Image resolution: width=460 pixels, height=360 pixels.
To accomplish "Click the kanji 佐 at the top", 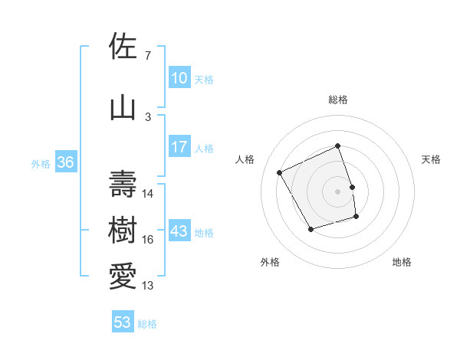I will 123,47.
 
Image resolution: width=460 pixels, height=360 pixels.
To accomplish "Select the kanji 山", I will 123,106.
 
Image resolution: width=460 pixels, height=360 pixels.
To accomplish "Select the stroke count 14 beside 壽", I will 149,194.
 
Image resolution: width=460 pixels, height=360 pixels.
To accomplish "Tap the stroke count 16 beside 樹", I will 149,240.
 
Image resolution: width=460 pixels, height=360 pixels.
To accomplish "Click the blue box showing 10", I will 179,78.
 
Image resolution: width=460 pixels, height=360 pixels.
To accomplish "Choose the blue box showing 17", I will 179,147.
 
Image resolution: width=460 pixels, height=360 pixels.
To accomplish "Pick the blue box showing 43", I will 179,231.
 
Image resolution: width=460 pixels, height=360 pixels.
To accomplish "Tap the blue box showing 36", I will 65,162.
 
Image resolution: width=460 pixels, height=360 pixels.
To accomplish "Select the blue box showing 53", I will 123,322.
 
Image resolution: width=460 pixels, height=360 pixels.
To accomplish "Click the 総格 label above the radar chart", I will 338,100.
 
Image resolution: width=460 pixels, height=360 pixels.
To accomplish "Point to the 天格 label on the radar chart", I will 431,159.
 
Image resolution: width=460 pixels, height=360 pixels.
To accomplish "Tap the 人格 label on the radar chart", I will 245,159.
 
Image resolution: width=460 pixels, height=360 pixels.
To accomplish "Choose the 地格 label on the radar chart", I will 402,262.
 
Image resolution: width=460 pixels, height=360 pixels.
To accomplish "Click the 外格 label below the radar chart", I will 270,262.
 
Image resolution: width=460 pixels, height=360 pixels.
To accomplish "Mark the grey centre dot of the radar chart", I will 338,191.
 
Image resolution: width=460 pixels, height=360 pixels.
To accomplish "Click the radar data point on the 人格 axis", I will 280,172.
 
